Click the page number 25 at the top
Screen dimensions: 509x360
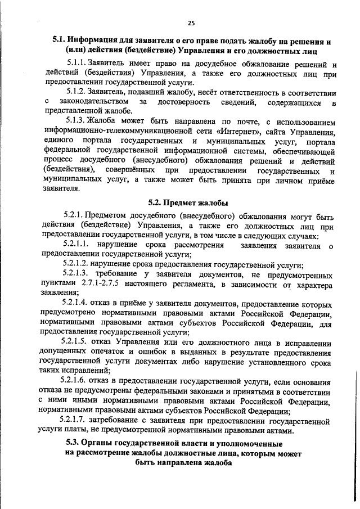tap(191, 22)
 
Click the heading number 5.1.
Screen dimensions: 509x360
tap(59, 40)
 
